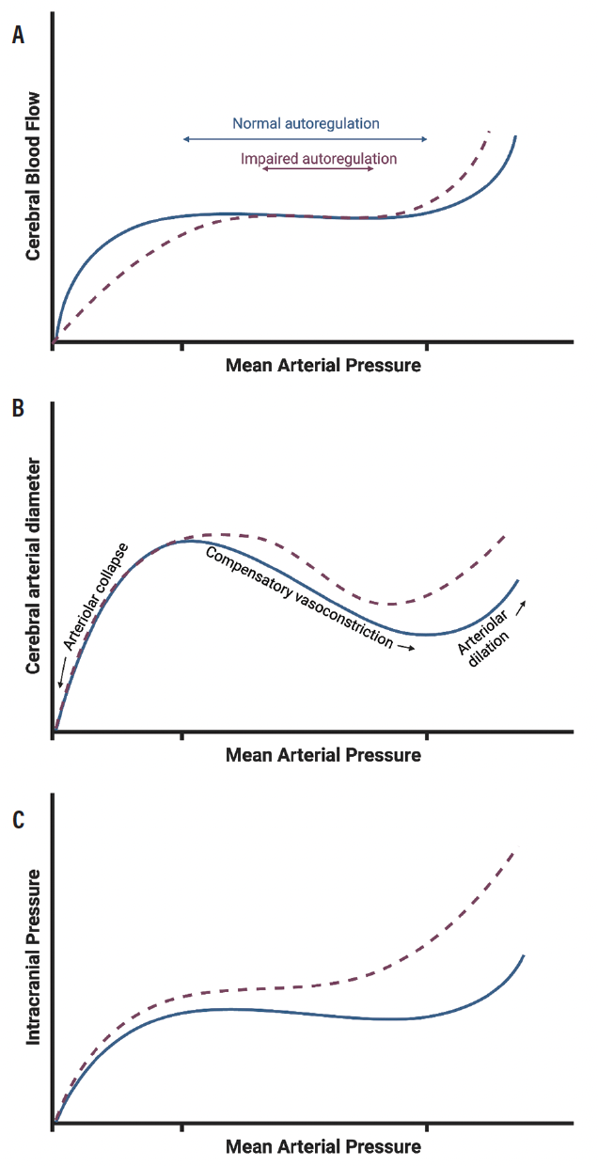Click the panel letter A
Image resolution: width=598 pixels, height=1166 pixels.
pos(18,36)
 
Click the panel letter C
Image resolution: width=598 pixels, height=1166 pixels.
pos(18,820)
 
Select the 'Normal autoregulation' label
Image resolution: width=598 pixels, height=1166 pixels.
pos(306,123)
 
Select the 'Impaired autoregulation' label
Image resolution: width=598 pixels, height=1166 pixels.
pos(319,159)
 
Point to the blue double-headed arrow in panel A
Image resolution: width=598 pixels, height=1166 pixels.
pos(305,139)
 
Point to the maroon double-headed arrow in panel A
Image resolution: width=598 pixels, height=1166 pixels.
pos(319,169)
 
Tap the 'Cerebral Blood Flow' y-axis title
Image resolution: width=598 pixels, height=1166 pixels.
pos(33,176)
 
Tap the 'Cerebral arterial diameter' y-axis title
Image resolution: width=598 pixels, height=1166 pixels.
pos(33,566)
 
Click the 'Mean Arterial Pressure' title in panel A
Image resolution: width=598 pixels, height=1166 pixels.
pos(323,365)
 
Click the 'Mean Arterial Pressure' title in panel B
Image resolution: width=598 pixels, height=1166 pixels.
pos(323,755)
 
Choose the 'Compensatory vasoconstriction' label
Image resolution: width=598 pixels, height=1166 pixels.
pos(298,595)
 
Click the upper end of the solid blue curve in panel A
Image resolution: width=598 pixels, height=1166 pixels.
pos(515,137)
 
